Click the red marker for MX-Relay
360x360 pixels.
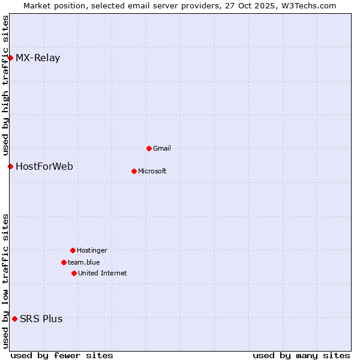(10, 58)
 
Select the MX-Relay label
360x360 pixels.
(38, 58)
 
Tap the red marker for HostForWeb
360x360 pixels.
(10, 166)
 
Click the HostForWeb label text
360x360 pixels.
(44, 166)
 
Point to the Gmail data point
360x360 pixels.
(149, 148)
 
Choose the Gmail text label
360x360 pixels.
(162, 148)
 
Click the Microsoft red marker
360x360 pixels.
(134, 171)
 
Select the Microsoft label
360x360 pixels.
(152, 171)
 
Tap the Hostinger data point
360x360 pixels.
(73, 250)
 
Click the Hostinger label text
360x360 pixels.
(92, 250)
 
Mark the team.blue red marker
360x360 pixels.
(64, 262)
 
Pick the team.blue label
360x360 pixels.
(84, 262)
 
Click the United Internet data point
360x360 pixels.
(74, 273)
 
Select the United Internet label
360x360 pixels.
(103, 273)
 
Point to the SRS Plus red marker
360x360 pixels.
(14, 319)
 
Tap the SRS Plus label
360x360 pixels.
(41, 319)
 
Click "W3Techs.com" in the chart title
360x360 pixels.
(310, 5)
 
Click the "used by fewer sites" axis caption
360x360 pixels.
(62, 355)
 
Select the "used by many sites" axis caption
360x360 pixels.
(301, 355)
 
